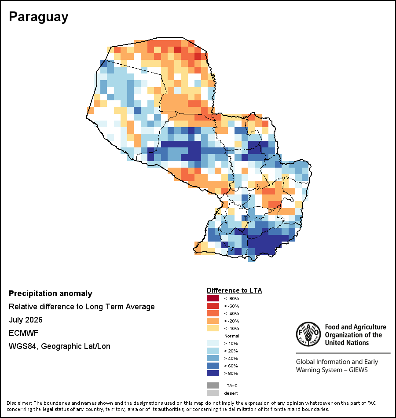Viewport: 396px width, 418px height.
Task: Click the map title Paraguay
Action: tap(39, 17)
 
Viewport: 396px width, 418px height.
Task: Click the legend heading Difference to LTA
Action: tap(234, 290)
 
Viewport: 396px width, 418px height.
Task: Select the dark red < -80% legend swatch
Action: tap(213, 298)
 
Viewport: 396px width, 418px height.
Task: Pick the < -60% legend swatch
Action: tap(213, 306)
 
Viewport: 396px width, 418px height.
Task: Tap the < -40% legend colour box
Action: tap(213, 313)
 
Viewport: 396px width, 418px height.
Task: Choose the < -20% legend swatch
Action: tap(213, 321)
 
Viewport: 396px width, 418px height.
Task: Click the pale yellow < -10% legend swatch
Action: tap(213, 328)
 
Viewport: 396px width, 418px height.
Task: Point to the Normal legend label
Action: tap(231, 336)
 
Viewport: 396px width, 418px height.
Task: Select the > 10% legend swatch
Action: tap(213, 343)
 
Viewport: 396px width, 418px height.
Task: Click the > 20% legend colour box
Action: tap(213, 351)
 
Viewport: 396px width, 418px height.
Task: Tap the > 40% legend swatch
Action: tap(213, 358)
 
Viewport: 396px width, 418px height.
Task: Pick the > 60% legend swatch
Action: tap(213, 366)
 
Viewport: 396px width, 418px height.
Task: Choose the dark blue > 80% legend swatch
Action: tap(213, 373)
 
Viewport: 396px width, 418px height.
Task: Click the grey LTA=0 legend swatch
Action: tap(213, 385)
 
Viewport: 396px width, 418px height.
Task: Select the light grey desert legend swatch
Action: tap(213, 393)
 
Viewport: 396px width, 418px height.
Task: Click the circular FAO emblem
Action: tap(308, 334)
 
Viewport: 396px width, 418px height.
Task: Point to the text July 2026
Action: tap(26, 319)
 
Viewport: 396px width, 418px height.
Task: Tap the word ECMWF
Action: tap(23, 333)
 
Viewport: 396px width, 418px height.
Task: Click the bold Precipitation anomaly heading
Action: tap(51, 293)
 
